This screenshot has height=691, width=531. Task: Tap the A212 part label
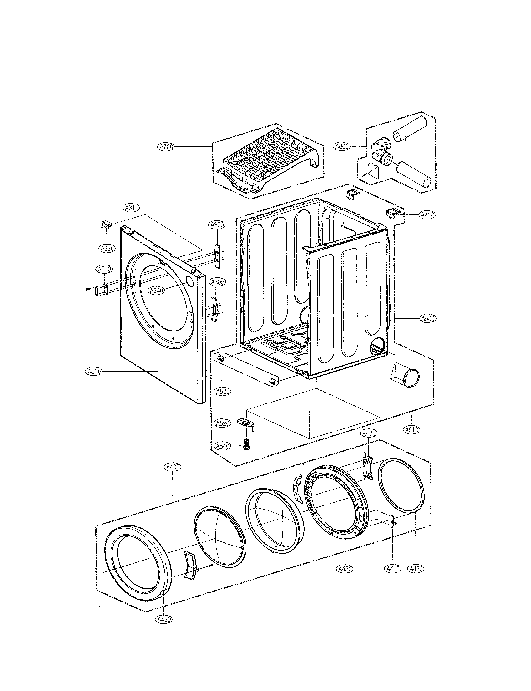(x=427, y=215)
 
